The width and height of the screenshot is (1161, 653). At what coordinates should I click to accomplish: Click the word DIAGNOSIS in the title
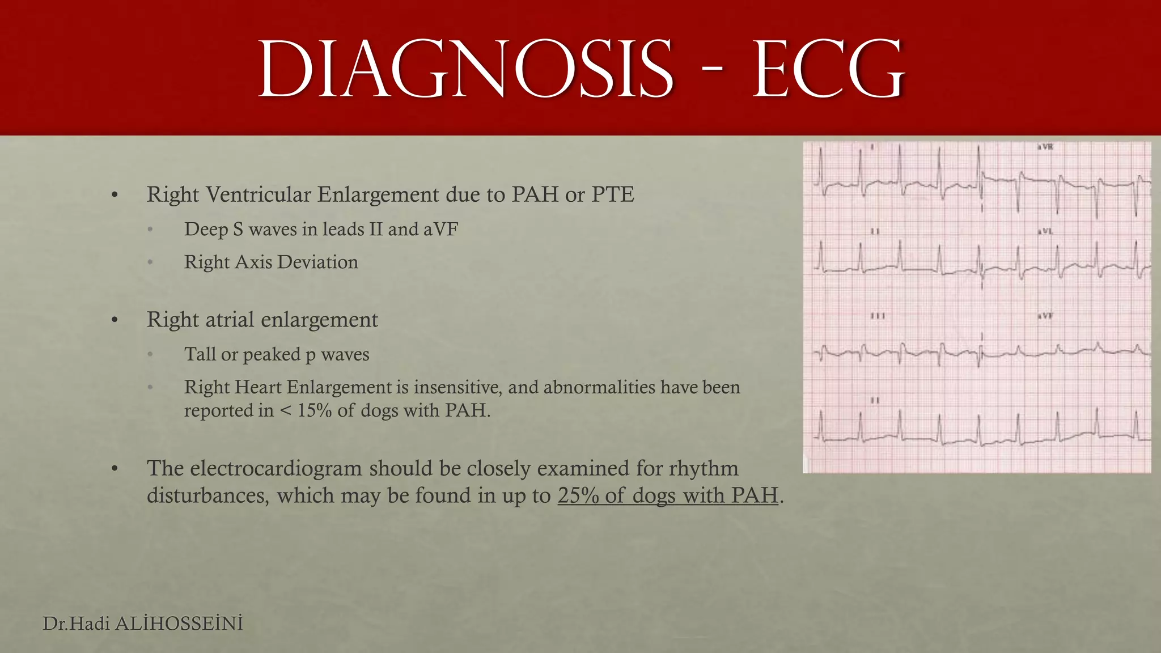pyautogui.click(x=465, y=71)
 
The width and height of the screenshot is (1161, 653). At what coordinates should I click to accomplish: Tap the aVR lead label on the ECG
pyautogui.click(x=1045, y=147)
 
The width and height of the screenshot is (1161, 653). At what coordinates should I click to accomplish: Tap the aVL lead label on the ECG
pyautogui.click(x=1045, y=231)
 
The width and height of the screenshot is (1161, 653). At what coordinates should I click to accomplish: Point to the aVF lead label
pyautogui.click(x=1045, y=316)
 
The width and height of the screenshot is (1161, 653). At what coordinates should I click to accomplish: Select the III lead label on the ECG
pyautogui.click(x=878, y=316)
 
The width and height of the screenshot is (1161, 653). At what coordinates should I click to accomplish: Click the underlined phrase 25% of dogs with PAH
pyautogui.click(x=668, y=495)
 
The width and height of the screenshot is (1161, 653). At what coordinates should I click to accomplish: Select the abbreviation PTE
pyautogui.click(x=613, y=194)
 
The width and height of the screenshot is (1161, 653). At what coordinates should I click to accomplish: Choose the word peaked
pyautogui.click(x=272, y=354)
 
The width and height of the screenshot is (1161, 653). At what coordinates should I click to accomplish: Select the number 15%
pyautogui.click(x=315, y=410)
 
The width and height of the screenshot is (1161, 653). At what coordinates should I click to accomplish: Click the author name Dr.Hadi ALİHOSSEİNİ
pyautogui.click(x=143, y=624)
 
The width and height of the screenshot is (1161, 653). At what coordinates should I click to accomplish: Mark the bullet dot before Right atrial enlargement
pyautogui.click(x=115, y=321)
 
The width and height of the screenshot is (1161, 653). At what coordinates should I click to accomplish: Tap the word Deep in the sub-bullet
pyautogui.click(x=205, y=229)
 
